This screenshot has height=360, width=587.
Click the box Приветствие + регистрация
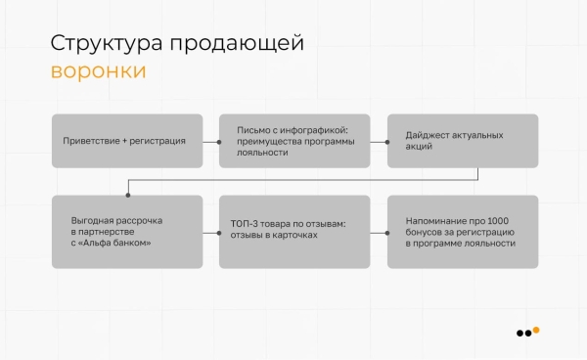tap(127, 141)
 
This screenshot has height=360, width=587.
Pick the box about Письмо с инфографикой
tap(294, 141)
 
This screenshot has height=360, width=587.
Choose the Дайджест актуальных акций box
tap(463, 141)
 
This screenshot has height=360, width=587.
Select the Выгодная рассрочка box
tap(127, 232)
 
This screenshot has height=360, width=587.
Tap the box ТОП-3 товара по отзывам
tap(294, 232)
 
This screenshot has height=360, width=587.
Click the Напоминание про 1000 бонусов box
tap(463, 232)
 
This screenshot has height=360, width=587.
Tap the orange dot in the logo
tap(536, 330)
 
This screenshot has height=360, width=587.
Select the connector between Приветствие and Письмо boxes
tap(210, 141)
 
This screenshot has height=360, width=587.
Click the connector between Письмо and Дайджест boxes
tap(379, 141)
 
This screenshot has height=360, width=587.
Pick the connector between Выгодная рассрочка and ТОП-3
tap(210, 233)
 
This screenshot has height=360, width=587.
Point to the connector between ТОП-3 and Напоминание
tap(379, 233)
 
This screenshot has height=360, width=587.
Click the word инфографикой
tap(315, 129)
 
